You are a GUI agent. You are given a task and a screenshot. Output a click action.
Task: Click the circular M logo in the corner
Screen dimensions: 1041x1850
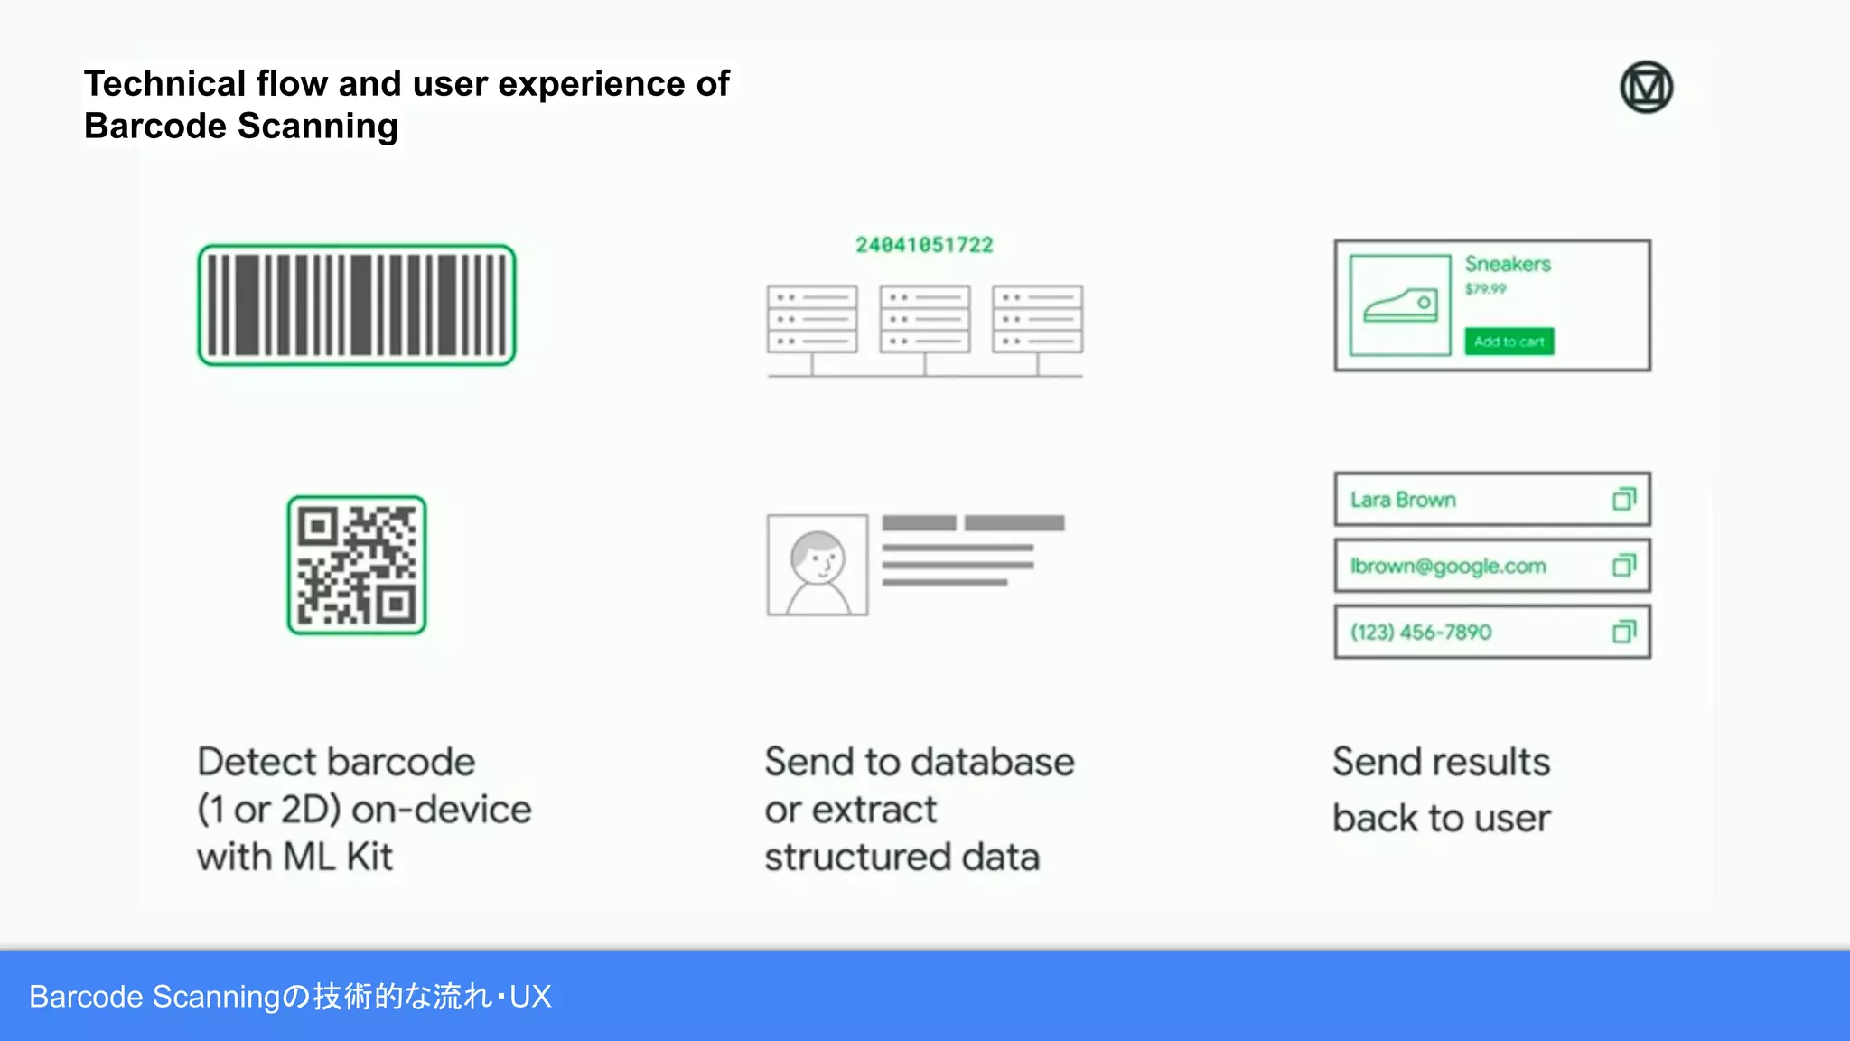(x=1646, y=88)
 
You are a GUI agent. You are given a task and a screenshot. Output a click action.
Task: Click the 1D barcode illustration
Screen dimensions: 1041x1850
(x=357, y=305)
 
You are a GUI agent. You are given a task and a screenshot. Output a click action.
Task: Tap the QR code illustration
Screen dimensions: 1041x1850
(x=357, y=565)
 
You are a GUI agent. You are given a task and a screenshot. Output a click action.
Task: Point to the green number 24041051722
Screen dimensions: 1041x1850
(x=924, y=245)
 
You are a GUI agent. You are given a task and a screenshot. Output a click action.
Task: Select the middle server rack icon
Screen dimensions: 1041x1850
(x=925, y=320)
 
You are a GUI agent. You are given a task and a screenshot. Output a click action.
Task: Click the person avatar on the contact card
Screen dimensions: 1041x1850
(x=818, y=566)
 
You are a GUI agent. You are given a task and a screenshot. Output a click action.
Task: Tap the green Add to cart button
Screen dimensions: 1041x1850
(x=1509, y=342)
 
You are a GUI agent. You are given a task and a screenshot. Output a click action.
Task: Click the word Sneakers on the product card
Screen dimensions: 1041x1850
(x=1508, y=264)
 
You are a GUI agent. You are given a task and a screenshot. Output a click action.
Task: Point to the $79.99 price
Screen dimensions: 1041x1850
(x=1486, y=289)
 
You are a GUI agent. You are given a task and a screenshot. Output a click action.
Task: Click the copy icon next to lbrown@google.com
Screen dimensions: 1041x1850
(x=1624, y=566)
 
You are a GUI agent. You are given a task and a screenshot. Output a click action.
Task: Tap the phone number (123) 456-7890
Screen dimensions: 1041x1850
(x=1421, y=633)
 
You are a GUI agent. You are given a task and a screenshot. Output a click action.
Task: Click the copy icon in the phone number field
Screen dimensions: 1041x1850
(x=1624, y=632)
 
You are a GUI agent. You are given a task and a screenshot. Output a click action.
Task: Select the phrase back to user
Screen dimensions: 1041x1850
(x=1441, y=819)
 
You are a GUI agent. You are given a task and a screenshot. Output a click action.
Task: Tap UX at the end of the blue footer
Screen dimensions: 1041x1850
(x=530, y=997)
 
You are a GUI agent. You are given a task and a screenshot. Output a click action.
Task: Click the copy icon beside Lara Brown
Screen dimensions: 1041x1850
(x=1624, y=499)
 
